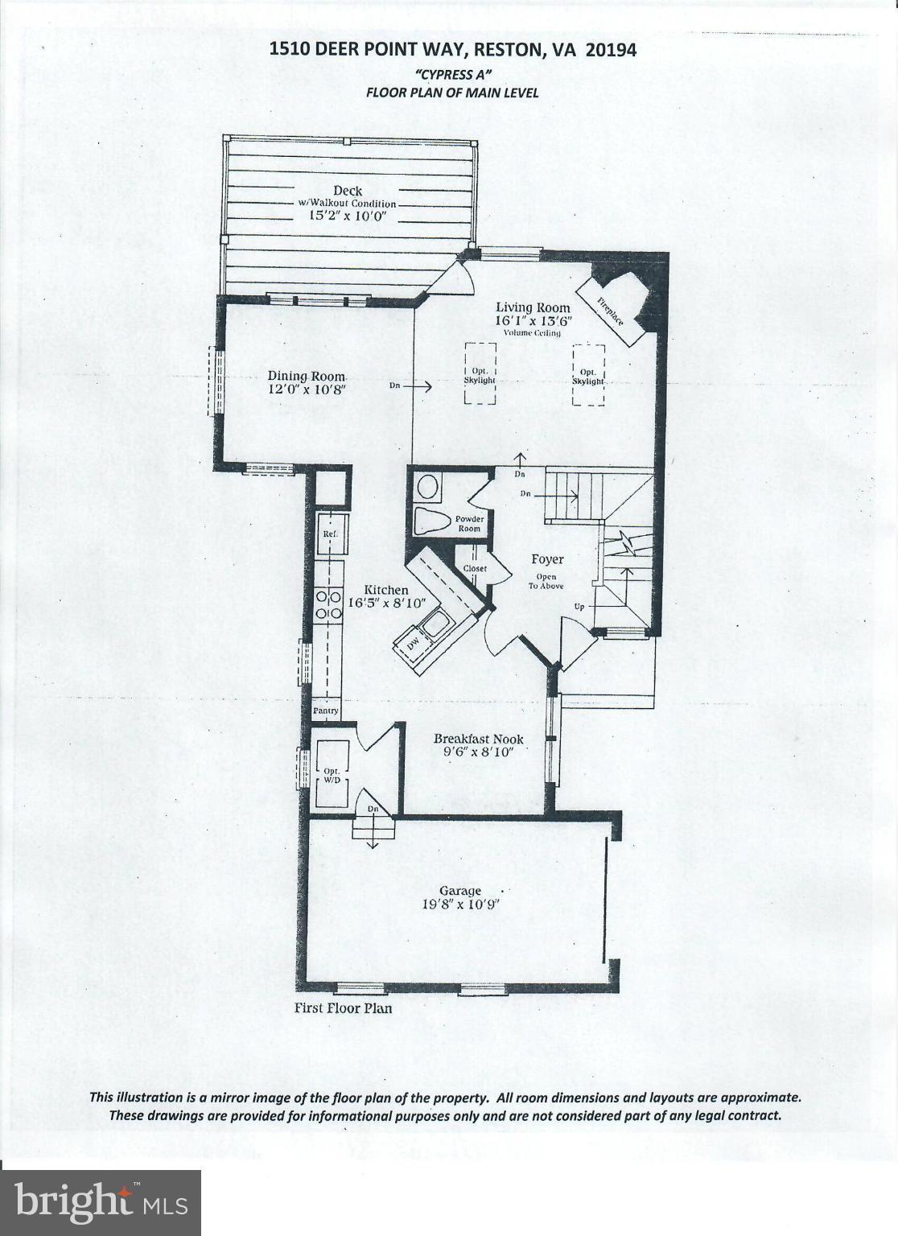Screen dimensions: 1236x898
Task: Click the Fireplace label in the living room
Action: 610,311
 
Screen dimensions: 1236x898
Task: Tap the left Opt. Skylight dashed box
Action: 480,373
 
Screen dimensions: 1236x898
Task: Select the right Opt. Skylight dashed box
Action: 588,375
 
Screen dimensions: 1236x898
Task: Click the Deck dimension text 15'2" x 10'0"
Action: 348,216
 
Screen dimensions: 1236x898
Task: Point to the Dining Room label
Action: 307,376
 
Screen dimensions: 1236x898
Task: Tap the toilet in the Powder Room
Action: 433,521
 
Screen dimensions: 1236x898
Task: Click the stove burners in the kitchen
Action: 327,605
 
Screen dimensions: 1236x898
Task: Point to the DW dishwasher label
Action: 412,645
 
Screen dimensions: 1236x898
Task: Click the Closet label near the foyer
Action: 475,568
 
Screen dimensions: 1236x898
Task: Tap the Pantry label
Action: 326,711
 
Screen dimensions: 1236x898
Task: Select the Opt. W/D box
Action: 332,774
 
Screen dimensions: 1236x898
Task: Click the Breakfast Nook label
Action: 478,739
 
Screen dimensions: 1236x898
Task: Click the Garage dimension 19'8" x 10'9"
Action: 460,904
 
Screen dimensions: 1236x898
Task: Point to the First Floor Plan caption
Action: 343,1007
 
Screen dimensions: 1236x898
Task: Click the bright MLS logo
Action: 101,1203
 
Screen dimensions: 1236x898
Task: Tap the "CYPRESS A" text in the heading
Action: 451,74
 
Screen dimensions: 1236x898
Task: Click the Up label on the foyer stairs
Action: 578,606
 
